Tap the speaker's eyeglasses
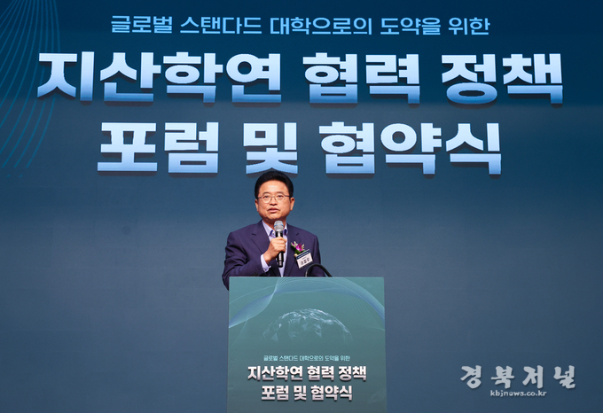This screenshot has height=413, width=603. click(x=274, y=199)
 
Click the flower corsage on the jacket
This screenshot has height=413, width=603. click(x=297, y=248)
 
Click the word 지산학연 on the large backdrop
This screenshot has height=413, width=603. click(x=160, y=77)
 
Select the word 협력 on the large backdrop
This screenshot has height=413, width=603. click(x=363, y=78)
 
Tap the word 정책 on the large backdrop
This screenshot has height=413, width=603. click(x=502, y=78)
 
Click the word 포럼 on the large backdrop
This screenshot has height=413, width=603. click(x=159, y=147)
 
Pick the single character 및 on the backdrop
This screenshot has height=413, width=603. click(x=271, y=148)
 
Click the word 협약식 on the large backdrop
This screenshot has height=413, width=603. click(x=411, y=148)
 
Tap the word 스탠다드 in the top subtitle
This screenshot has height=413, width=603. click(x=221, y=26)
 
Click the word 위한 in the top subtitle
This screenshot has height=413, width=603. click(x=469, y=26)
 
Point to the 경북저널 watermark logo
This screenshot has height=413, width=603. click(x=518, y=377)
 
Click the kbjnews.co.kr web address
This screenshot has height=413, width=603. click(x=518, y=393)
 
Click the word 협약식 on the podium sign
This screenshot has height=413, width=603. click(x=331, y=393)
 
